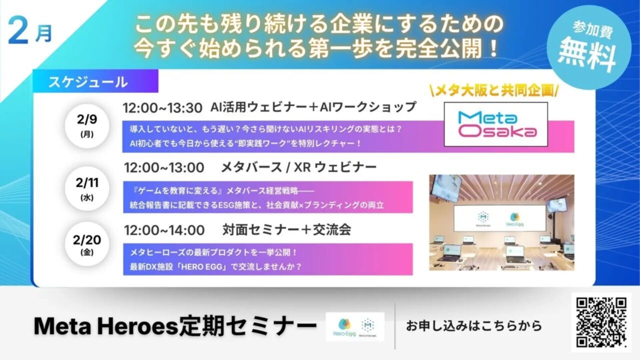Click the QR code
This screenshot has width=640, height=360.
601,322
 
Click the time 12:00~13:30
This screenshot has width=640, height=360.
163,107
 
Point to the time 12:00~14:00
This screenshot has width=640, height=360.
164,230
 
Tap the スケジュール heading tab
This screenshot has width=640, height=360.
88,82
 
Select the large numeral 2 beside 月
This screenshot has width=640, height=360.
19,34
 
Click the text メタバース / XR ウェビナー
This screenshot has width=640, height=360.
298,167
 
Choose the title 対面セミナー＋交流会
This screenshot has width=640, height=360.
287,230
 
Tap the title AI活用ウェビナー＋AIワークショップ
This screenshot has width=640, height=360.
313,107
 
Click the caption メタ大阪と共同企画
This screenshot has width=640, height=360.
494,91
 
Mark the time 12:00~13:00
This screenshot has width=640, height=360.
164,167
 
